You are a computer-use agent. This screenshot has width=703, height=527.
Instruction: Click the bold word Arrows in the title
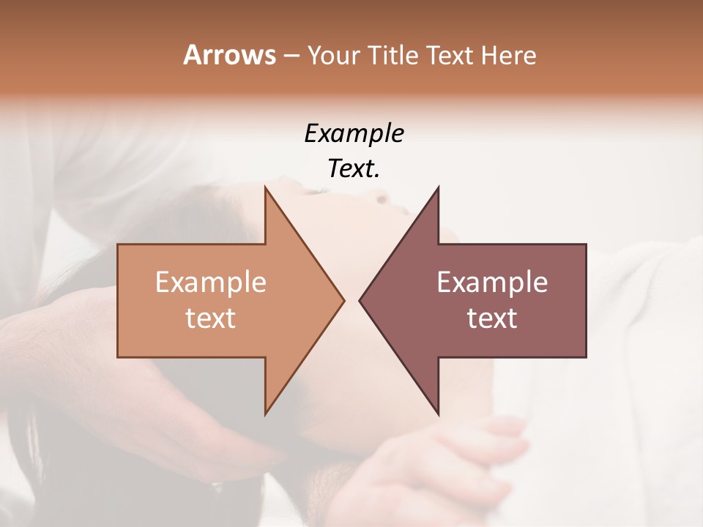click(229, 55)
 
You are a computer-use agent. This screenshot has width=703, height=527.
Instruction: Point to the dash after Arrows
click(291, 56)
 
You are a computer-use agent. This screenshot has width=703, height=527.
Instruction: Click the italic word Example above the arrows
click(354, 133)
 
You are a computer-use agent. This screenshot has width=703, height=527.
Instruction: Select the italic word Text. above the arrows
click(354, 169)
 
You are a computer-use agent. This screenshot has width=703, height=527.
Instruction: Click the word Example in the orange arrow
click(211, 283)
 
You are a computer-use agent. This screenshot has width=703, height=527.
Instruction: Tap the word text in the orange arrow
click(211, 318)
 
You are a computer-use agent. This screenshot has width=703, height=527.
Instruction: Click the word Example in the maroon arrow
click(492, 283)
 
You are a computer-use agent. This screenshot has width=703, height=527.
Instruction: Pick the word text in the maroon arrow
click(492, 318)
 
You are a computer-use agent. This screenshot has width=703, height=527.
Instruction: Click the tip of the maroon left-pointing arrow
click(360, 300)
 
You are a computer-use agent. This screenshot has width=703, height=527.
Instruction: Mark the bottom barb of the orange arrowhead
click(267, 413)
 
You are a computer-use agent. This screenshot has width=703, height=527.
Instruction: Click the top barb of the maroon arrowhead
click(437, 188)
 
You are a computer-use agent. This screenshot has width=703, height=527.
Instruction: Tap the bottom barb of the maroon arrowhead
click(437, 413)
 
